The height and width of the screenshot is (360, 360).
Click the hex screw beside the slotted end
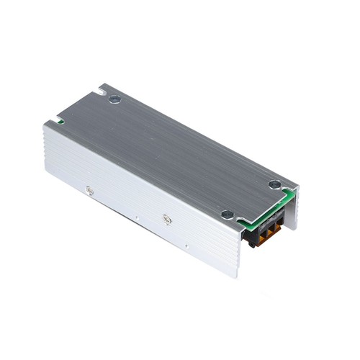coord(114,99)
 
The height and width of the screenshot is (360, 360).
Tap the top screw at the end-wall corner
coord(274,184)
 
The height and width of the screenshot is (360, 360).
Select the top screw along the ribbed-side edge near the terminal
coord(227,214)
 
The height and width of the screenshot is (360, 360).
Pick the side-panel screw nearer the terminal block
coord(167,219)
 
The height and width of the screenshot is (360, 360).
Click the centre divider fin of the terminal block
coord(267,229)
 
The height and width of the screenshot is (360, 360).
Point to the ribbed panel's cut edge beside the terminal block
coord(241,238)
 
